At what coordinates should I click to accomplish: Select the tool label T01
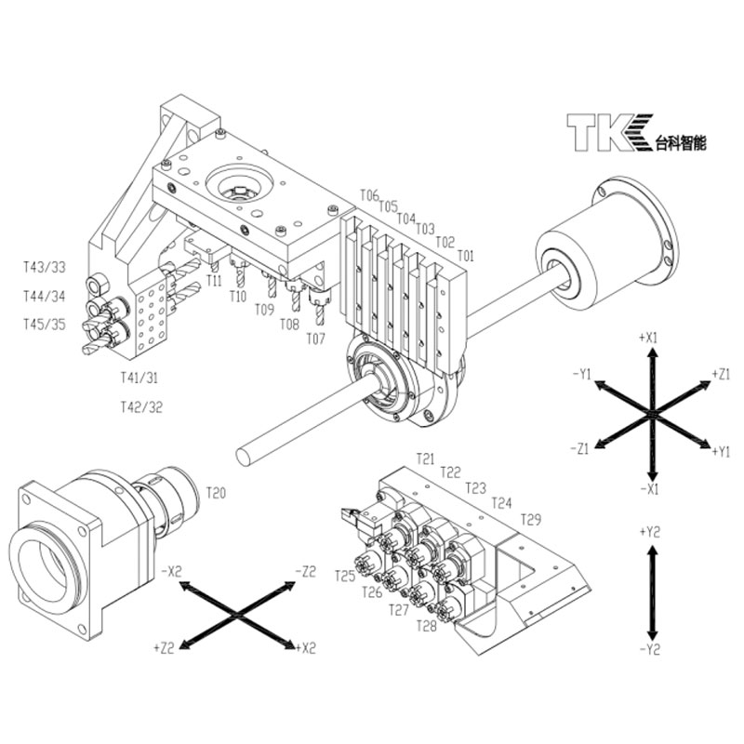[x=465, y=255]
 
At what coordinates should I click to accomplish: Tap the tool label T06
[x=369, y=196]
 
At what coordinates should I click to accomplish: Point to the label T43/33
[x=45, y=267]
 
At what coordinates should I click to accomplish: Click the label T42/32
[x=141, y=406]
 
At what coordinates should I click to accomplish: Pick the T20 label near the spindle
[x=216, y=492]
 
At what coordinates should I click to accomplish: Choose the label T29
[x=531, y=518]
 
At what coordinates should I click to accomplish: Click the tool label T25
[x=345, y=576]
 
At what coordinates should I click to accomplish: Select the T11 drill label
[x=214, y=280]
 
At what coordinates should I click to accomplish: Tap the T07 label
[x=316, y=339]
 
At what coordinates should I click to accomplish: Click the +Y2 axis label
[x=651, y=532]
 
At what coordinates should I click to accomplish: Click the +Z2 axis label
[x=166, y=644]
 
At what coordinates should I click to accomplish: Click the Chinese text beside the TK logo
[x=681, y=143]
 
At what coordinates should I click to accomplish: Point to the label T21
[x=425, y=458]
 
